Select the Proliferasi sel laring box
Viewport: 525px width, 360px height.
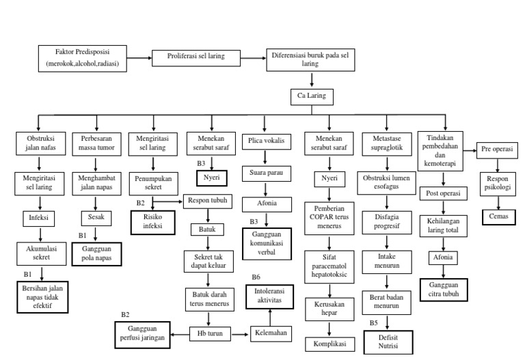click(196, 57)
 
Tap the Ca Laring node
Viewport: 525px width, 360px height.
click(311, 97)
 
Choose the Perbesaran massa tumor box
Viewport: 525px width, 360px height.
click(96, 145)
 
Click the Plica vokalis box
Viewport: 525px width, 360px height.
click(267, 142)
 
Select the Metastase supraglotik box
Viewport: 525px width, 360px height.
click(387, 145)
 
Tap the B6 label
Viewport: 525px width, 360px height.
click(256, 277)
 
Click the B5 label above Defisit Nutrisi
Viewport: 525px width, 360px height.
click(374, 322)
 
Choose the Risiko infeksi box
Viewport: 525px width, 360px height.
click(152, 222)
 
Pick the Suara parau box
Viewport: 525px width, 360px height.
click(267, 173)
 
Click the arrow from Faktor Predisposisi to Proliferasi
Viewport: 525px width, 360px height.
click(137, 57)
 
